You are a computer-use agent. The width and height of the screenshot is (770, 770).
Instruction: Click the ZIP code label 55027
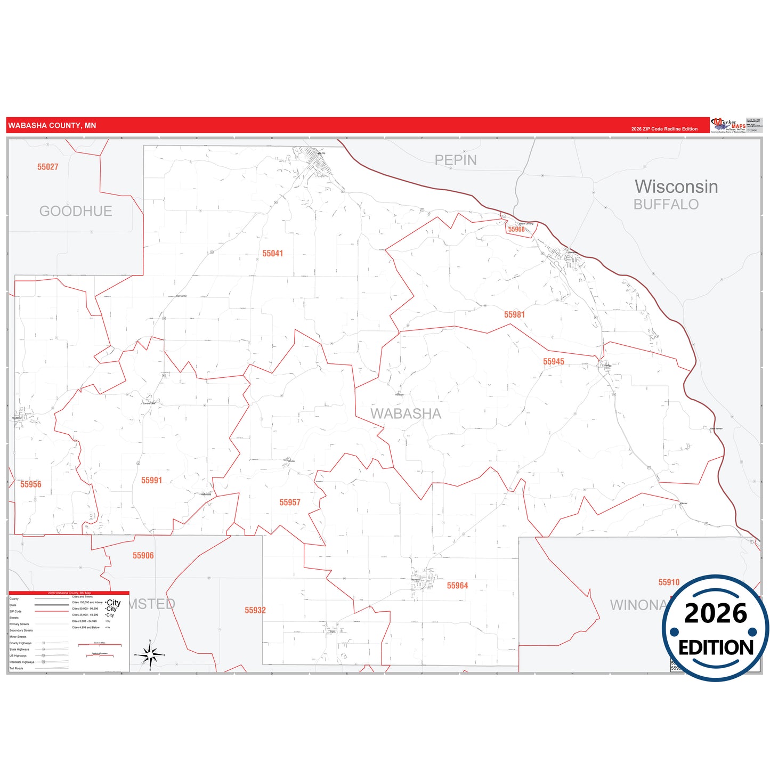(47, 167)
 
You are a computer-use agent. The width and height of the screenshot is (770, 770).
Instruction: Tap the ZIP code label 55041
(272, 254)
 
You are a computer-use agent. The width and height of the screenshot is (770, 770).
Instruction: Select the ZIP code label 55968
(516, 230)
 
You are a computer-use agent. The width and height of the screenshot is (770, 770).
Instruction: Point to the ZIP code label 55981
(514, 315)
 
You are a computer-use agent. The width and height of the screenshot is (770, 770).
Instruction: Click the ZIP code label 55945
(553, 362)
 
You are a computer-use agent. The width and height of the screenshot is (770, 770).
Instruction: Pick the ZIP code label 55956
(30, 484)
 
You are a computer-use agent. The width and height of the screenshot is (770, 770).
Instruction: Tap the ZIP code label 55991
(151, 481)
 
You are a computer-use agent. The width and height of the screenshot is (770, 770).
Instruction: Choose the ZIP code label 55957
(290, 502)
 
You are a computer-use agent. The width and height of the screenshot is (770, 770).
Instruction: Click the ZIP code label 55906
(143, 556)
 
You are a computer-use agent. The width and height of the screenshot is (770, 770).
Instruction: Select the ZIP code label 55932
(255, 611)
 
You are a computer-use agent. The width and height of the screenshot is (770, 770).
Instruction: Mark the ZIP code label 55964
(457, 586)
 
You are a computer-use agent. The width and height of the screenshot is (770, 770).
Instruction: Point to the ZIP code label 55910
(668, 582)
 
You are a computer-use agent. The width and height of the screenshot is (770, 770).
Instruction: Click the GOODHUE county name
(76, 212)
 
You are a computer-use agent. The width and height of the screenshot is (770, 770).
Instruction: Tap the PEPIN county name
(456, 160)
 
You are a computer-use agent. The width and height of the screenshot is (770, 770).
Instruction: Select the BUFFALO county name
(666, 205)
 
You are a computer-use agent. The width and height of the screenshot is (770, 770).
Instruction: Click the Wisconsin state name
(676, 187)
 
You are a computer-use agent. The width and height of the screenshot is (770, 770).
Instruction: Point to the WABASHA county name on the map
(406, 414)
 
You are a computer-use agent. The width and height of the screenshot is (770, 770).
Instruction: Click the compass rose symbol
(150, 655)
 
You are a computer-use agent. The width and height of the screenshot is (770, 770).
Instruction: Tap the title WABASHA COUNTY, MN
(52, 126)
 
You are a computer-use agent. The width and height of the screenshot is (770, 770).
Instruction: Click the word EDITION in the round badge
(716, 647)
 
